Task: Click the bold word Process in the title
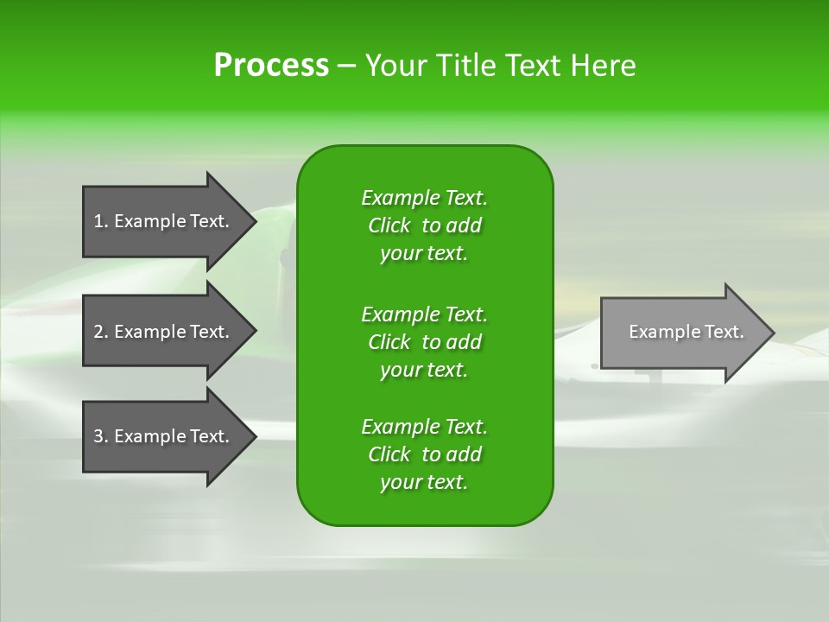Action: (271, 66)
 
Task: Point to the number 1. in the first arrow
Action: (101, 221)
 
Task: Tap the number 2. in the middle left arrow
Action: (101, 332)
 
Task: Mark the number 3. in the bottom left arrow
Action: (101, 436)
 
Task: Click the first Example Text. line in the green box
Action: (425, 198)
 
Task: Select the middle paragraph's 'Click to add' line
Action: (425, 342)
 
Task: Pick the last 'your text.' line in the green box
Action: (424, 482)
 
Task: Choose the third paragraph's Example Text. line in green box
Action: (425, 427)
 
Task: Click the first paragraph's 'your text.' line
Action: (424, 253)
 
